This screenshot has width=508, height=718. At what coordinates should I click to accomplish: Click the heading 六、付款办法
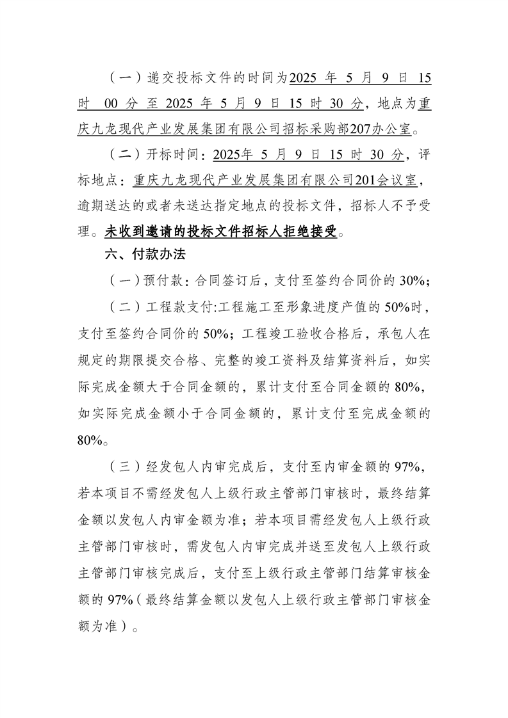[x=145, y=254]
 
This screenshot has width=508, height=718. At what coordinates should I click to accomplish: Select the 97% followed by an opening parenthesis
[x=120, y=600]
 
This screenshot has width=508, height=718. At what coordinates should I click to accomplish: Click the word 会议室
[x=400, y=180]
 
